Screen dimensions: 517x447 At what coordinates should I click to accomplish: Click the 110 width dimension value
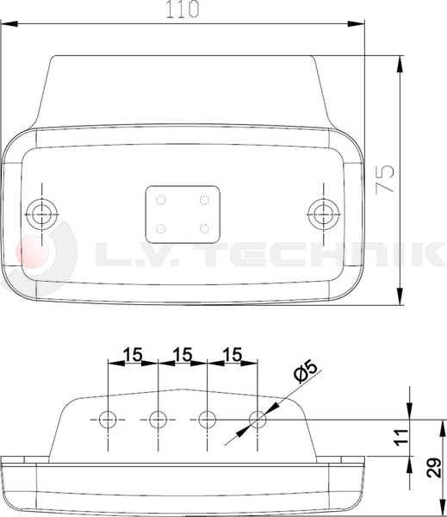pyautogui.click(x=182, y=9)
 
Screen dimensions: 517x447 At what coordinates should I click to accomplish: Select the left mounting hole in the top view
pyautogui.click(x=40, y=212)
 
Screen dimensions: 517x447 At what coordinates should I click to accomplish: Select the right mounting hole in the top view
pyautogui.click(x=322, y=212)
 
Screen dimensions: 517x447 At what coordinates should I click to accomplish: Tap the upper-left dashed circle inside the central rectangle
pyautogui.click(x=161, y=200)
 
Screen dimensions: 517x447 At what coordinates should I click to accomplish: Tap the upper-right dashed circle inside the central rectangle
pyautogui.click(x=204, y=200)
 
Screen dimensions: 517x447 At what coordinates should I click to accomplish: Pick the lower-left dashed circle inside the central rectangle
pyautogui.click(x=161, y=228)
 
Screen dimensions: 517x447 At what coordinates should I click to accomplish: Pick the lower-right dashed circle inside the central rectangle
pyautogui.click(x=204, y=228)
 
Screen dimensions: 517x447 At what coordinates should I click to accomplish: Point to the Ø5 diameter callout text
pyautogui.click(x=305, y=373)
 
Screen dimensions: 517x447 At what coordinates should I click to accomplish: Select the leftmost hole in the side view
pyautogui.click(x=108, y=420)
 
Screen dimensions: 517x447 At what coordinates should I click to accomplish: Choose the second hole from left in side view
pyautogui.click(x=158, y=420)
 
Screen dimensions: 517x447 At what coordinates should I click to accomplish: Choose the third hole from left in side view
pyautogui.click(x=207, y=420)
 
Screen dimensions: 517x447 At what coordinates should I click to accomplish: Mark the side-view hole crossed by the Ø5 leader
pyautogui.click(x=257, y=420)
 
